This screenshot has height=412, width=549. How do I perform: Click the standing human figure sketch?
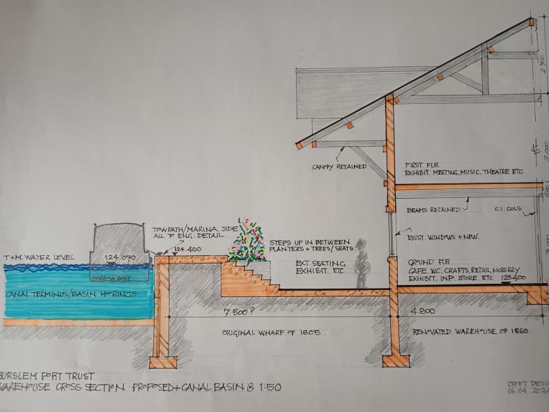click(x=361, y=265)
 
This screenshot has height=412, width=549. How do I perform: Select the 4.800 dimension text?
click(x=422, y=312)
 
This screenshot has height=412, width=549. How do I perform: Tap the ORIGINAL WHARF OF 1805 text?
click(x=272, y=333)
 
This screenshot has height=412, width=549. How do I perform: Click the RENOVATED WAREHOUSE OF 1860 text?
click(x=471, y=330)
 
